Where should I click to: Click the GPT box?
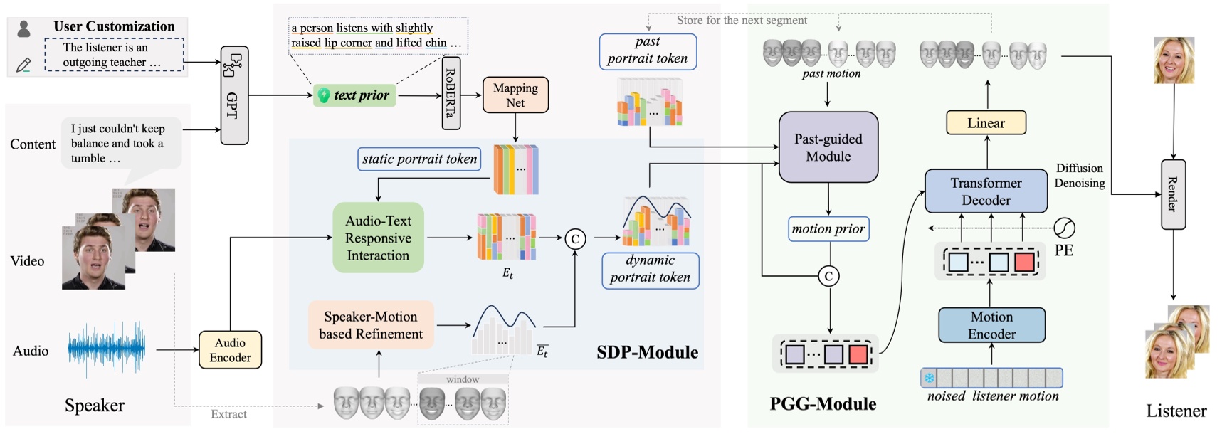(234, 96)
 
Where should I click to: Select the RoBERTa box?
(451, 94)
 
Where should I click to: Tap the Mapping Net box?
(515, 95)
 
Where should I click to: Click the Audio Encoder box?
(230, 349)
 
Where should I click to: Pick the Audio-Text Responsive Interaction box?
(378, 238)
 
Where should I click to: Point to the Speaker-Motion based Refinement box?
(371, 325)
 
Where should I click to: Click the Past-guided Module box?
(828, 147)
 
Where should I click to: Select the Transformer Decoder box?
(986, 191)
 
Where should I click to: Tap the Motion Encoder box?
(991, 325)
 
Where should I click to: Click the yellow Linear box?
(986, 123)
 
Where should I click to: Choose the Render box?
(1173, 194)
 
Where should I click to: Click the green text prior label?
(354, 95)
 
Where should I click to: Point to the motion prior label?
(828, 229)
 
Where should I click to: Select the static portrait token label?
(419, 159)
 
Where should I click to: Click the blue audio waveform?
(106, 349)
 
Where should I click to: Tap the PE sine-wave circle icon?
(1064, 228)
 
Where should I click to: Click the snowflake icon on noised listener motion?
(929, 378)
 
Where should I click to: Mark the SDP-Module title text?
(647, 352)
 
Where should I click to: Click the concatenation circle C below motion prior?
(828, 276)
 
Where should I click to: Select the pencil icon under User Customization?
(23, 65)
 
